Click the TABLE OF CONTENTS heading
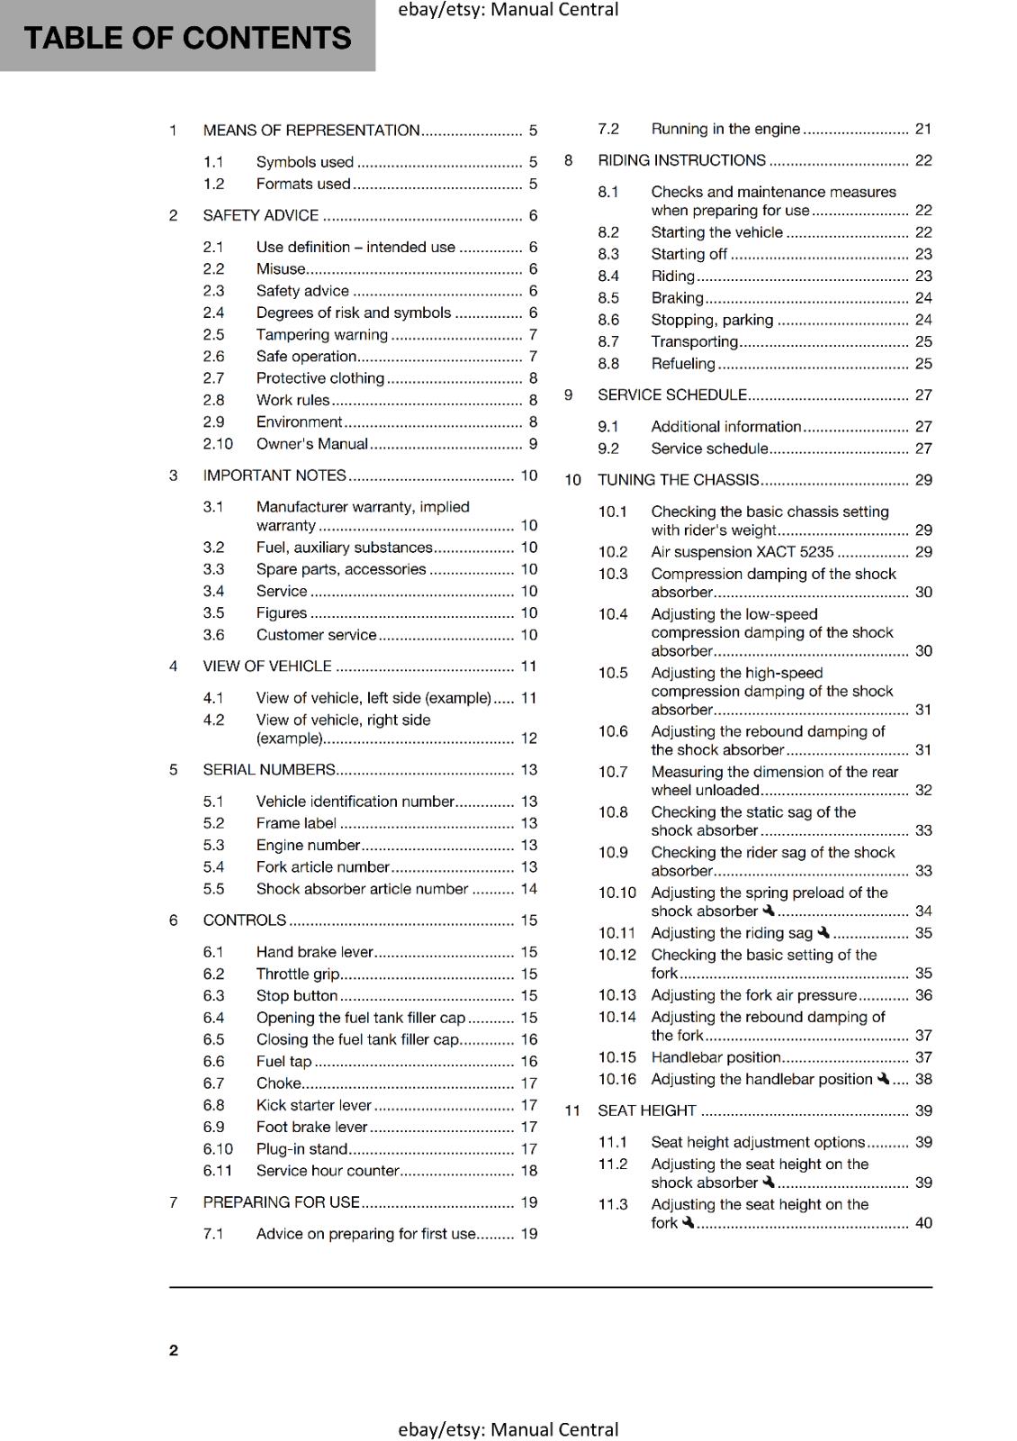click(x=187, y=38)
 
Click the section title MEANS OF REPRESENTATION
click(x=311, y=131)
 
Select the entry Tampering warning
click(x=321, y=335)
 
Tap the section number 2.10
click(x=218, y=444)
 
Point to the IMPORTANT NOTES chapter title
click(x=274, y=476)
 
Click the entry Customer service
click(x=316, y=635)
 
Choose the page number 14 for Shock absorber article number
click(x=528, y=889)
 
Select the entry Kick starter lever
click(x=313, y=1105)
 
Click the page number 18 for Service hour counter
click(x=528, y=1171)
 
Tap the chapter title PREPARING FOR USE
click(x=281, y=1202)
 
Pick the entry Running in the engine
click(x=725, y=129)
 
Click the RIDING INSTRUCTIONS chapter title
click(x=681, y=160)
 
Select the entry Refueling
click(x=683, y=364)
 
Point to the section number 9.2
click(x=608, y=449)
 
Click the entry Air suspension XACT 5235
click(x=742, y=552)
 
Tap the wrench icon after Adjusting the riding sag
click(x=823, y=932)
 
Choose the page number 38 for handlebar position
click(x=923, y=1079)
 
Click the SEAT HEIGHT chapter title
click(x=647, y=1110)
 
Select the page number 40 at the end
click(x=923, y=1223)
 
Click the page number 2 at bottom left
click(x=174, y=1350)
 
